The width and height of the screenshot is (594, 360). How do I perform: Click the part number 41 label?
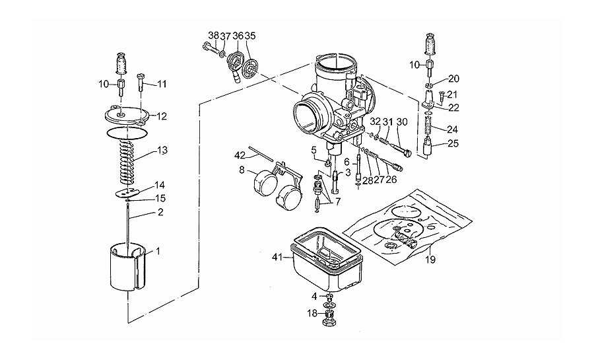tap(277, 258)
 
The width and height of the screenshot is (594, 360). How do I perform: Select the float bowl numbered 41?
tap(326, 261)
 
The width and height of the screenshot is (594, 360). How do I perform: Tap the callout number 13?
tap(162, 151)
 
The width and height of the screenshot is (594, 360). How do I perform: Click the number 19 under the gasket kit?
tap(430, 260)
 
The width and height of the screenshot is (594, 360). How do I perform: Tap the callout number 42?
tap(240, 155)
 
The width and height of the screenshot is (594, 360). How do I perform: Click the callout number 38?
tap(214, 36)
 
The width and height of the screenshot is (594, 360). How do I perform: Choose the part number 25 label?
tap(453, 143)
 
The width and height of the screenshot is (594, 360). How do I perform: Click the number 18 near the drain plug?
tap(312, 313)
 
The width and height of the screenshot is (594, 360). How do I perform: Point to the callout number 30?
tap(403, 122)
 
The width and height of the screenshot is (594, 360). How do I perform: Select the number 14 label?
tap(160, 186)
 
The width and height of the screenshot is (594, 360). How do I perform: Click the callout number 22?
tap(454, 108)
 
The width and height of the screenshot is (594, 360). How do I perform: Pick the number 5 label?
tap(313, 150)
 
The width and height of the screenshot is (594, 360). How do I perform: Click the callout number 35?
tap(250, 36)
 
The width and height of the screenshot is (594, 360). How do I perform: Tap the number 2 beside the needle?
tap(160, 212)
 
